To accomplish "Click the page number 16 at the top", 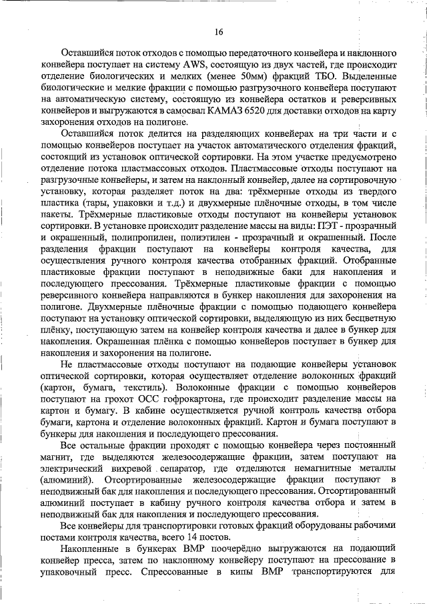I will tap(218, 32).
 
